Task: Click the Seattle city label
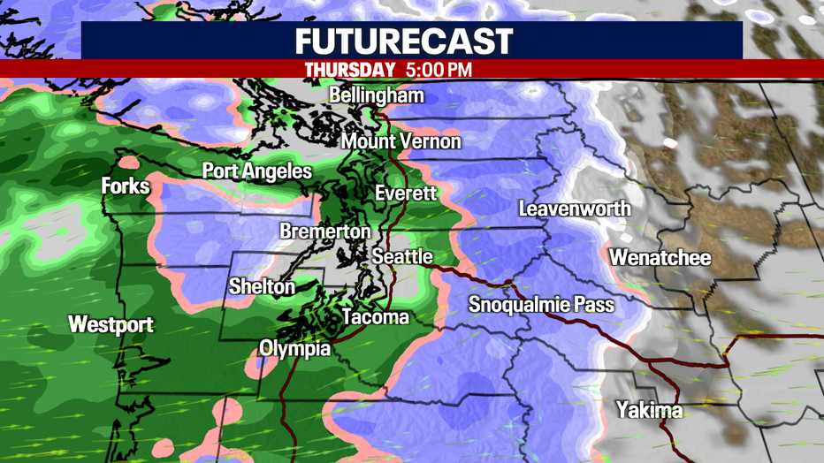[402, 256]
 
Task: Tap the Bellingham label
[377, 95]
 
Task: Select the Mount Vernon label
[401, 141]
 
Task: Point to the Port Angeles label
[256, 171]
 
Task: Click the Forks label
[126, 186]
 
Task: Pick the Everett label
[406, 193]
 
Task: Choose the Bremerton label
[324, 231]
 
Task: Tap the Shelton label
[262, 286]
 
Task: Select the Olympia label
[294, 348]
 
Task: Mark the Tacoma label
[376, 316]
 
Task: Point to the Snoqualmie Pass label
[541, 305]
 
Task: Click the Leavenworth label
[575, 209]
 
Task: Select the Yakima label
[650, 410]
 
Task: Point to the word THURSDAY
[349, 69]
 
